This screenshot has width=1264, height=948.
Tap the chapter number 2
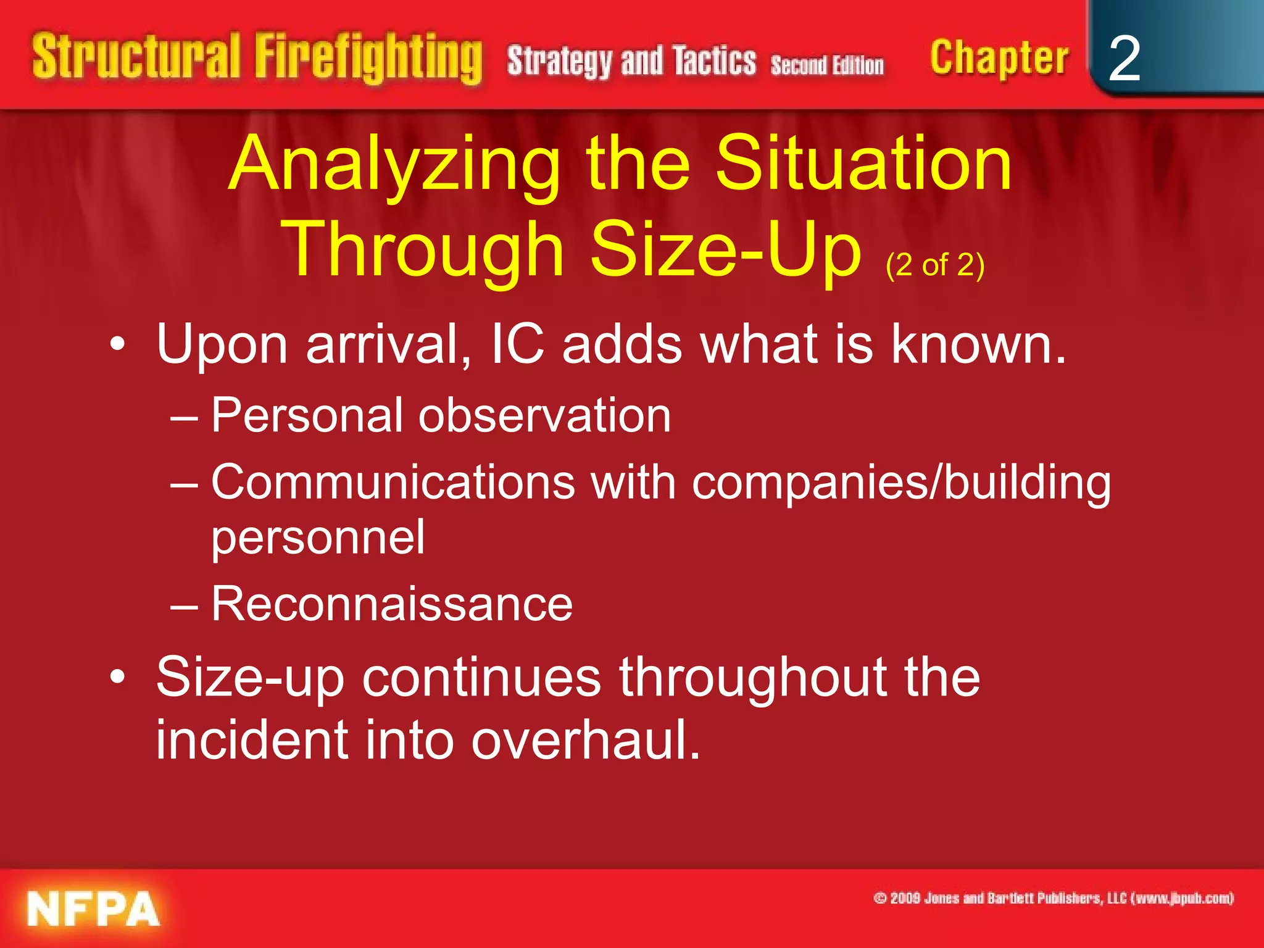(1124, 59)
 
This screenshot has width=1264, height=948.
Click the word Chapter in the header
(999, 59)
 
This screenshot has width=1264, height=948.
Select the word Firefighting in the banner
(368, 59)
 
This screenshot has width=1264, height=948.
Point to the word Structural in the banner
(136, 57)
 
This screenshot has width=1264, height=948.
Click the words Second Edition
(827, 65)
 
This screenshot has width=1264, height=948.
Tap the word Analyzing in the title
(395, 164)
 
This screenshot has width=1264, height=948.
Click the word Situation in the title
(863, 163)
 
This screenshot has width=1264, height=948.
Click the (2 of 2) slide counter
(934, 265)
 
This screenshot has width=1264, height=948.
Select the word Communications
(393, 482)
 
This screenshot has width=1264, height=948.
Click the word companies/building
(901, 483)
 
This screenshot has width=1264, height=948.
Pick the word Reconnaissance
(392, 604)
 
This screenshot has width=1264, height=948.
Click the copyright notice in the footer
(1054, 898)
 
